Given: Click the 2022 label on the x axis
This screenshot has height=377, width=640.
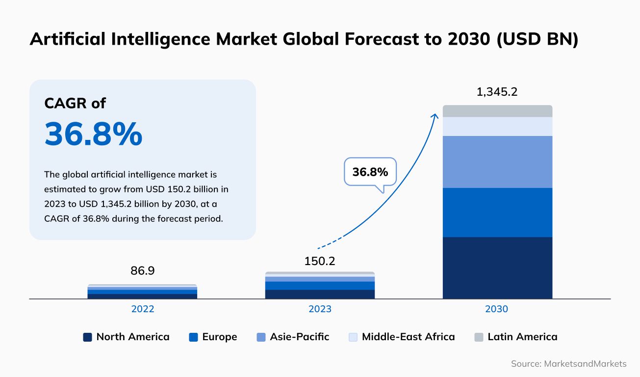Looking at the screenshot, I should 142,309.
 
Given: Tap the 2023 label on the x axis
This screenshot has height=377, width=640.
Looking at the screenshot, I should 320,309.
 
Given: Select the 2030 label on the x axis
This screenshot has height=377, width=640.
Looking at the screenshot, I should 497,309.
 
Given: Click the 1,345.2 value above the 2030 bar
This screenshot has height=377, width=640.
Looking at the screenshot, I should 497,92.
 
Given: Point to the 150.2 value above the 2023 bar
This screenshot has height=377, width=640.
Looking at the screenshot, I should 320,261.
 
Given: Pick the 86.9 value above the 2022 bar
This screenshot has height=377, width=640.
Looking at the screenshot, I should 142,270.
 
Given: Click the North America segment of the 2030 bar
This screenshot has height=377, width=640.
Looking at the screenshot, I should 497,268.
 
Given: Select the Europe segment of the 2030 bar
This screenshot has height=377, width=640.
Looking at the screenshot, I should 497,212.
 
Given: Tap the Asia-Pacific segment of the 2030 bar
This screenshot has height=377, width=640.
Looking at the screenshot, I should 497,162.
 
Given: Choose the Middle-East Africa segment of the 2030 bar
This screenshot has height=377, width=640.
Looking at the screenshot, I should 497,126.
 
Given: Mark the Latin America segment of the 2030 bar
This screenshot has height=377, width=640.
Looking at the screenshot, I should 497,111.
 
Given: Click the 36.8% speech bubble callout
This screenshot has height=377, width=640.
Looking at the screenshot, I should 370,172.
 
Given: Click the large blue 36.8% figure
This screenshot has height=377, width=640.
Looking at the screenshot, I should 93,134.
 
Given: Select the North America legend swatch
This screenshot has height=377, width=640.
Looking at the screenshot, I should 87,337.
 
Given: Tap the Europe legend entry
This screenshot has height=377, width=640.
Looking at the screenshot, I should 213,337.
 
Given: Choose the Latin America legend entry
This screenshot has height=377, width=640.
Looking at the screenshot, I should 516,337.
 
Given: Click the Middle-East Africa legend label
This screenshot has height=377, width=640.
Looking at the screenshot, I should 408,337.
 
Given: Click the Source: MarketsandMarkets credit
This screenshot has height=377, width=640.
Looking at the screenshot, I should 568,364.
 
